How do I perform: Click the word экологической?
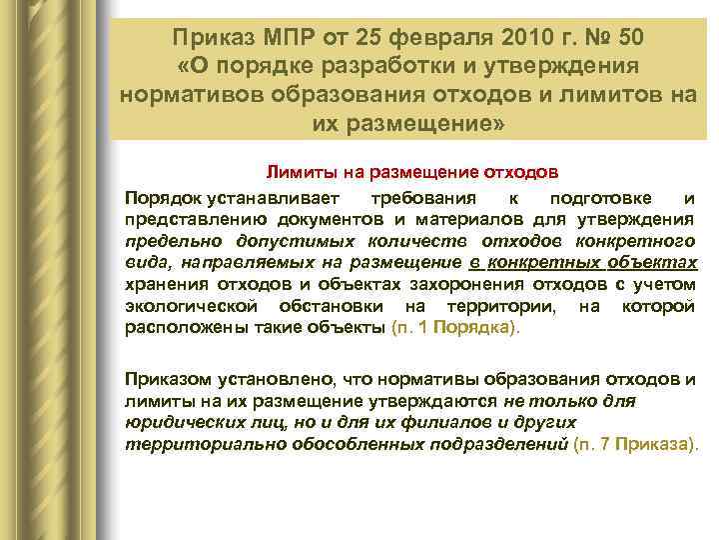(x=188, y=306)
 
